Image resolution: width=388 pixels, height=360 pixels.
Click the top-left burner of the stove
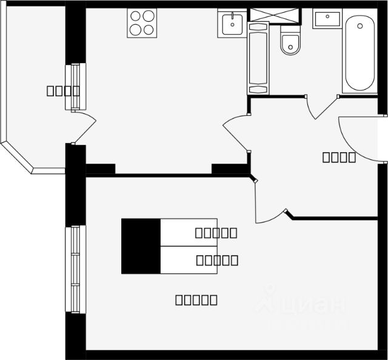pos(136,17)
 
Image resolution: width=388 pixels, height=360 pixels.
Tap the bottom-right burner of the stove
pos(149,30)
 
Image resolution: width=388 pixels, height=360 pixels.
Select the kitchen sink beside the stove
pos(232,24)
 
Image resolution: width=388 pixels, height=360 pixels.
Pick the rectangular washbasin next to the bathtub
pos(327,19)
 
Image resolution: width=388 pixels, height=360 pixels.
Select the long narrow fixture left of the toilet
pos(258,58)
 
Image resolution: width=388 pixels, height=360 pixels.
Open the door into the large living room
pos(267,206)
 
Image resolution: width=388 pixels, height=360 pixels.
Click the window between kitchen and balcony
pos(75,87)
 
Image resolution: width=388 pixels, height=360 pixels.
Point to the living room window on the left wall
pos(76,269)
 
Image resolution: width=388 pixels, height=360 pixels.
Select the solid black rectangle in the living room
pos(141,246)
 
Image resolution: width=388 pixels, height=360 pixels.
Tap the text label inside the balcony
pos(63,92)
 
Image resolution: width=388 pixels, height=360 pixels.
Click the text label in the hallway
pos(339,158)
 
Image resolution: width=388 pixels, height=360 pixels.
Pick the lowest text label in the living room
pos(196,299)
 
